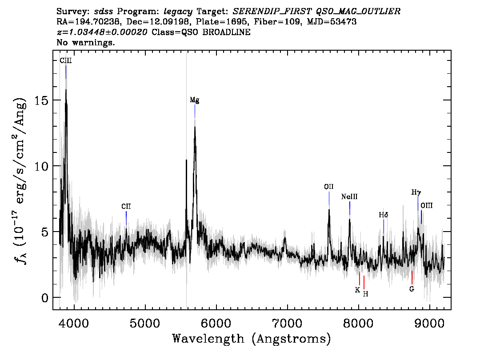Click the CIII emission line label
click(x=66, y=61)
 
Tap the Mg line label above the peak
click(x=195, y=100)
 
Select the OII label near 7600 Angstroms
click(x=329, y=187)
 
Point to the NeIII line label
click(x=349, y=197)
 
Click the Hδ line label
click(x=384, y=215)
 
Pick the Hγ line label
click(x=416, y=192)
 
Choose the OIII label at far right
click(x=427, y=205)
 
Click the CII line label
click(x=126, y=206)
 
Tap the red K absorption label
click(x=357, y=290)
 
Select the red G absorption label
click(x=412, y=289)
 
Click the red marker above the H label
click(x=364, y=283)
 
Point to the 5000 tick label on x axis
click(x=145, y=323)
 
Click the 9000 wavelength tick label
click(x=429, y=323)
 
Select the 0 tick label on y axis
click(x=45, y=298)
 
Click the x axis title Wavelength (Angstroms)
click(x=252, y=339)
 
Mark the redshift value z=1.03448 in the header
click(x=102, y=32)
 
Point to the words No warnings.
click(x=85, y=42)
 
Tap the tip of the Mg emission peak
click(x=195, y=126)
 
